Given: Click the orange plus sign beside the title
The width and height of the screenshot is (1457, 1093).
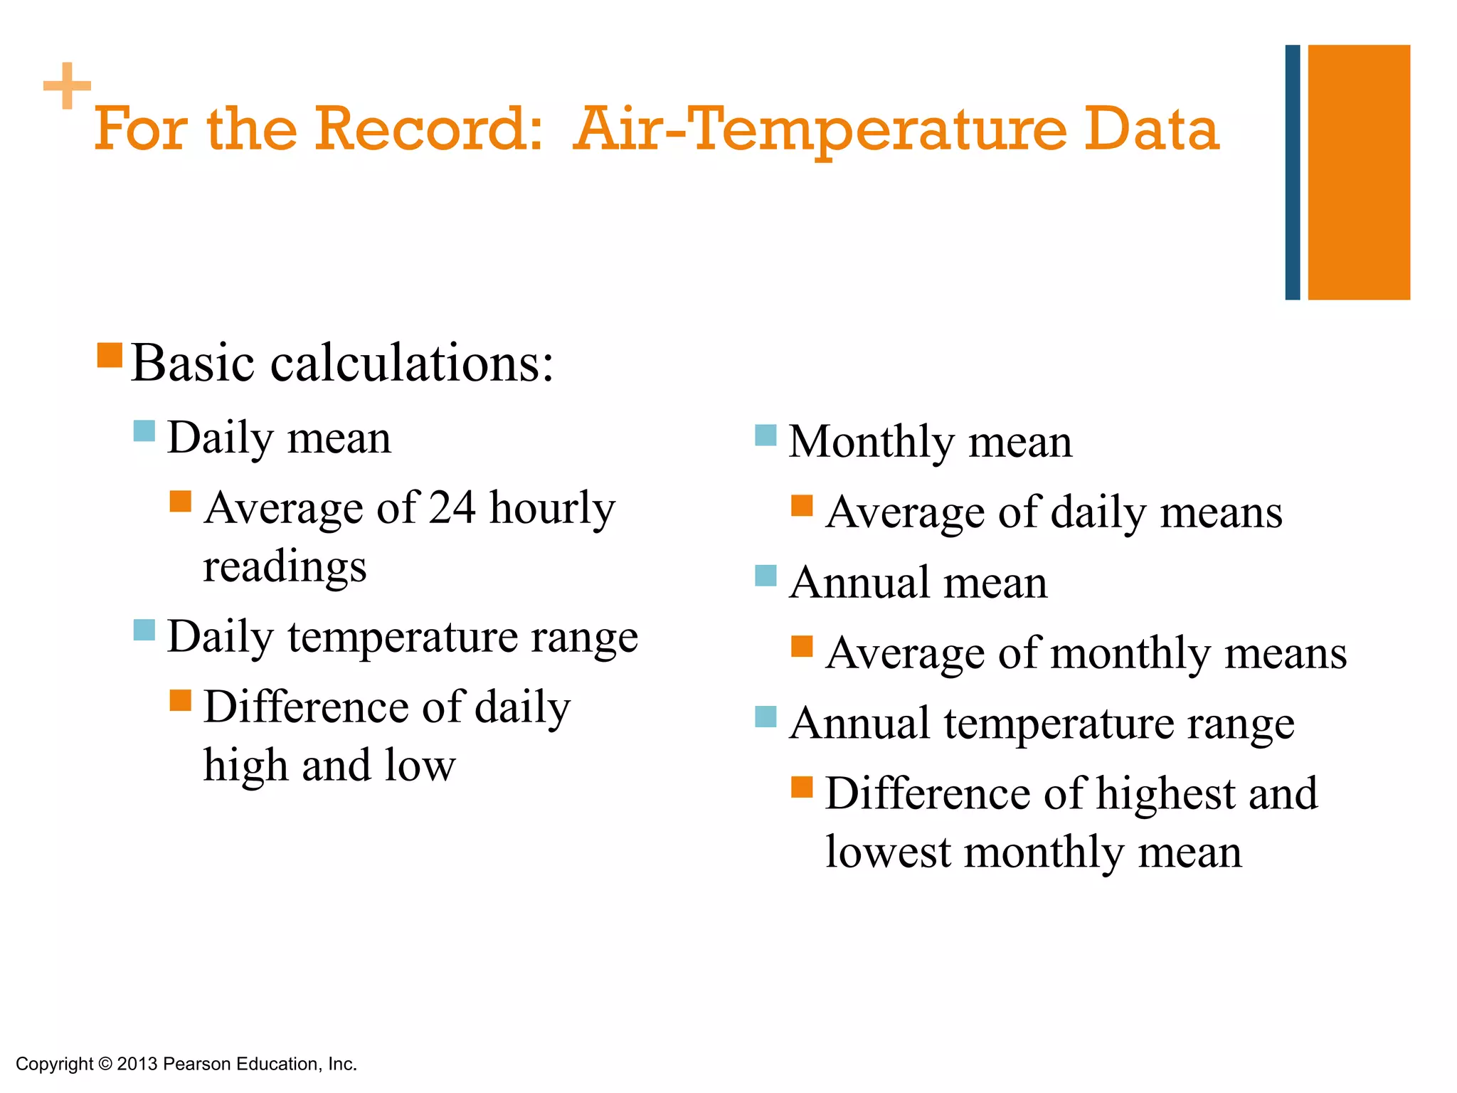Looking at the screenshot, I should (x=67, y=86).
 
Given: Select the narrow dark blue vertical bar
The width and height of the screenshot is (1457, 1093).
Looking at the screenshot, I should (x=1292, y=172).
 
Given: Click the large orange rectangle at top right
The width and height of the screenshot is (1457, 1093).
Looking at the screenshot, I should (x=1358, y=172).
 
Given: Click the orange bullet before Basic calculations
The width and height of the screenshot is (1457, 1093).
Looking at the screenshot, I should (x=110, y=355).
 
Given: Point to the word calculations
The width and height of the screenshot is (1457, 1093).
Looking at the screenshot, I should (x=411, y=364).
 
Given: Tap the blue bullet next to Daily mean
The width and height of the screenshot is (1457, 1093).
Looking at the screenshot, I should (x=144, y=431).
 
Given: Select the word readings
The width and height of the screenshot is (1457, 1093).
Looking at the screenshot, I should (x=285, y=567).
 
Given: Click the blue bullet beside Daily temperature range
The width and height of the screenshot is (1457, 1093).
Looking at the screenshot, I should (x=144, y=630).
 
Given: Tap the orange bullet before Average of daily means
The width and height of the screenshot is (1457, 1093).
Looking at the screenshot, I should (x=802, y=506).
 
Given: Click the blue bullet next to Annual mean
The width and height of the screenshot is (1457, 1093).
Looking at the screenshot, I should (x=765, y=576).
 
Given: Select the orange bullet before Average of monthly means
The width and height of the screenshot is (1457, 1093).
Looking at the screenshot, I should (x=802, y=646).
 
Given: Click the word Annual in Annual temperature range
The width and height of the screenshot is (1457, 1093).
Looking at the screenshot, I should (x=859, y=724).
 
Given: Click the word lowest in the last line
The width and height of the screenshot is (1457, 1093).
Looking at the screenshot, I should (x=887, y=852).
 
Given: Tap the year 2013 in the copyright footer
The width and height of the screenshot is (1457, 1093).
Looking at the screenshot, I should (x=137, y=1065).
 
